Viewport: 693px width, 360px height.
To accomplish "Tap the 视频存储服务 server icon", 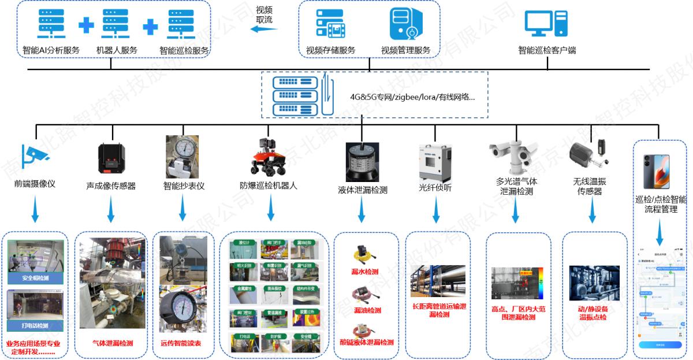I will (x=330, y=24).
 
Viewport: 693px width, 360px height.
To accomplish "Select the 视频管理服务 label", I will (x=405, y=50).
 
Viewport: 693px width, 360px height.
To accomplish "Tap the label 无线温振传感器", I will (x=590, y=186).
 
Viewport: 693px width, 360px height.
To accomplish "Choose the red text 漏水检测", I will (x=366, y=272).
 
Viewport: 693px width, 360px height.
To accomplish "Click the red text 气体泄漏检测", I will (x=112, y=343).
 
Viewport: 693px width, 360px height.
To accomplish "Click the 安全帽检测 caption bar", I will (x=36, y=279).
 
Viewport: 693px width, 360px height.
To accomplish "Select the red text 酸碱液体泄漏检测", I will (x=366, y=343).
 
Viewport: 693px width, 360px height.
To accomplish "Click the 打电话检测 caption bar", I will (x=35, y=326).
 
